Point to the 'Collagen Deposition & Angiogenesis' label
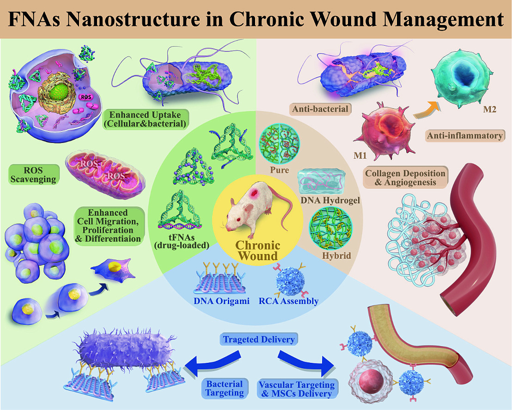tap(406, 178)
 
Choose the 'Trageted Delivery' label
tap(259, 340)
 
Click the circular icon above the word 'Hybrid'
tap(328, 227)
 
